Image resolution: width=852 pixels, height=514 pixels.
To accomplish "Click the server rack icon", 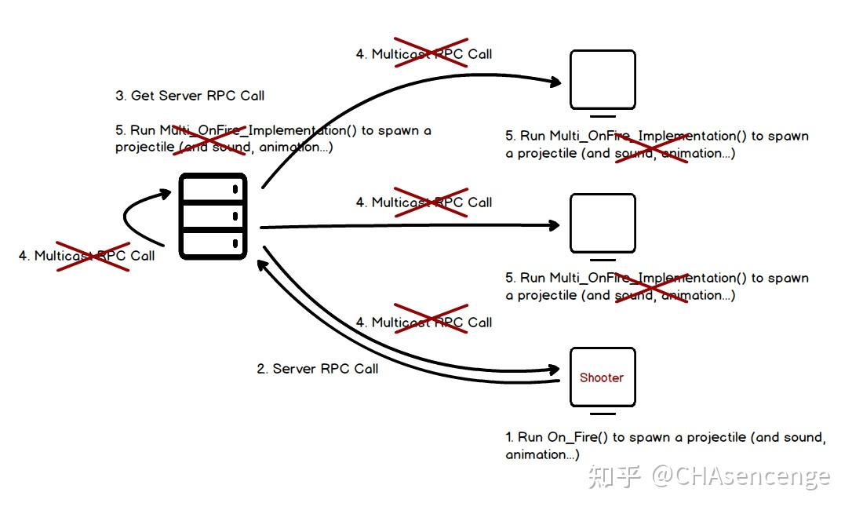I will pyautogui.click(x=213, y=217).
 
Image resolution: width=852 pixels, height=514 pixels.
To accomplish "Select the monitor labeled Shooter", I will pyautogui.click(x=602, y=377).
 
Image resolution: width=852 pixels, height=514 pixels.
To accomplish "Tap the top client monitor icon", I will pyautogui.click(x=602, y=79).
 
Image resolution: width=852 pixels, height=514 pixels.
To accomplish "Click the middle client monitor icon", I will pyautogui.click(x=602, y=223).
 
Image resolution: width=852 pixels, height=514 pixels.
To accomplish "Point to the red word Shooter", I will pyautogui.click(x=602, y=377).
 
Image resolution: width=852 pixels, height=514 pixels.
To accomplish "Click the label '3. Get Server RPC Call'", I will pyautogui.click(x=190, y=96).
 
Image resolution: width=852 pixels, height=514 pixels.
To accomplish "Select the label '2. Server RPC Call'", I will pyautogui.click(x=317, y=369).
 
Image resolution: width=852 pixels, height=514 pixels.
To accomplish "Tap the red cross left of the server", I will pyautogui.click(x=93, y=255).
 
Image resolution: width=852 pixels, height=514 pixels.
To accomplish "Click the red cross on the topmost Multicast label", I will pyautogui.click(x=431, y=53).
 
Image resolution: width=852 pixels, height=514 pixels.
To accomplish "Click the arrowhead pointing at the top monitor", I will pyautogui.click(x=555, y=82).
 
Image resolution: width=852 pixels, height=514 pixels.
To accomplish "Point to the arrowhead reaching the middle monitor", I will pyautogui.click(x=555, y=225).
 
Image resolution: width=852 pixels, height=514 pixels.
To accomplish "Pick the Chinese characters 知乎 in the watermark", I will pyautogui.click(x=616, y=476).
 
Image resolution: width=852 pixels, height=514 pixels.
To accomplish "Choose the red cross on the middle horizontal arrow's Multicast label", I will pyautogui.click(x=431, y=202).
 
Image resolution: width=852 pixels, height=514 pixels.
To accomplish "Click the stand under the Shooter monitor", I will pyautogui.click(x=602, y=413).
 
